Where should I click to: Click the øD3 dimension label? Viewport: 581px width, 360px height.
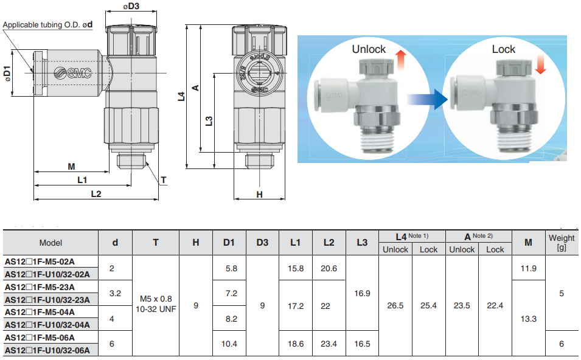131,7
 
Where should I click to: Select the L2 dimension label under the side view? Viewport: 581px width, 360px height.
96,193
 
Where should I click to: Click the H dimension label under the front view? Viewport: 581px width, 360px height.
259,195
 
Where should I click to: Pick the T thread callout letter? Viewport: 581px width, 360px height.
164,179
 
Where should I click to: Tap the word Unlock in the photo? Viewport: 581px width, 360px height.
369,49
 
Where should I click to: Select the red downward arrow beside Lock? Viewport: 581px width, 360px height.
540,63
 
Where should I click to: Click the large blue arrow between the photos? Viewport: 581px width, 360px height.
428,99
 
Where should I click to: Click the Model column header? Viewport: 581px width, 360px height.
50,243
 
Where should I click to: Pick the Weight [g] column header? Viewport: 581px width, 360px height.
561,243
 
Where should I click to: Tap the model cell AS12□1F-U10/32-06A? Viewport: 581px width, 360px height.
47,350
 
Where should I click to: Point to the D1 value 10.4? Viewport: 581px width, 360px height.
229,344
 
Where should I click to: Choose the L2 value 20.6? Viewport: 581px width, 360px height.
329,268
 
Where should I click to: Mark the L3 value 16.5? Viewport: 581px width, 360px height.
362,344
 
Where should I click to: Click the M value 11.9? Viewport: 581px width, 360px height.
528,268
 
